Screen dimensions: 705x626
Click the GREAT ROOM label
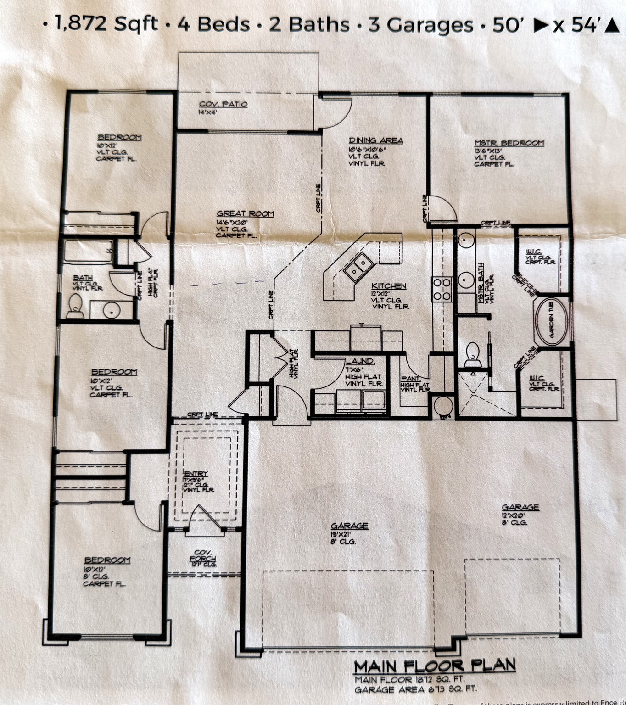[x=245, y=213]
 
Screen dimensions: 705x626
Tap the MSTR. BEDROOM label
[x=509, y=143]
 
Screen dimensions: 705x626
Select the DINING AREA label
[x=375, y=140]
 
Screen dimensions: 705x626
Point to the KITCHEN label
[x=389, y=286]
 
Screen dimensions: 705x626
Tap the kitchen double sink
[x=358, y=267]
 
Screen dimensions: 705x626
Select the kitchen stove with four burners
[x=442, y=289]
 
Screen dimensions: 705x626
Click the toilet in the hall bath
[x=74, y=306]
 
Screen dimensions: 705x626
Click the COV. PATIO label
[x=223, y=104]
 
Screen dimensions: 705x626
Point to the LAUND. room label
[x=360, y=361]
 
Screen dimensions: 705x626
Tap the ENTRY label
[x=196, y=474]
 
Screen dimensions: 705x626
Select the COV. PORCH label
[x=202, y=555]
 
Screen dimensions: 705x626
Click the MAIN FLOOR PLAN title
[x=434, y=666]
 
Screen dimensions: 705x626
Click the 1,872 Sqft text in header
[x=106, y=23]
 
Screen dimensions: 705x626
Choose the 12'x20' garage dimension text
[x=514, y=515]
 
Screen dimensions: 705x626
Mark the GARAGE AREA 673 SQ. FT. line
[x=415, y=689]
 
